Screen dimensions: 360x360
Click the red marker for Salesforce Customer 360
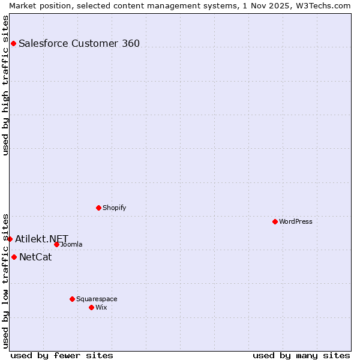[x=13, y=43]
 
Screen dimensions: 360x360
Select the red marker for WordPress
[x=275, y=221]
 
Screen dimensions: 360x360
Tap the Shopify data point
[x=98, y=208]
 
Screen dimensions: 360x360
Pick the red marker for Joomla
[x=56, y=244]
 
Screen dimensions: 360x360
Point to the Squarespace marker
[x=72, y=299]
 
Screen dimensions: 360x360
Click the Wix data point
[x=91, y=307]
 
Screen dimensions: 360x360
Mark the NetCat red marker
[x=14, y=257]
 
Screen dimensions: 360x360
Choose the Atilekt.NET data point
[x=10, y=239]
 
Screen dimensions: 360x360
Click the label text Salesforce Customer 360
[x=79, y=43]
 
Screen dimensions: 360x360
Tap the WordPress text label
[x=296, y=221]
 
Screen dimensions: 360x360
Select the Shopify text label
[x=114, y=208]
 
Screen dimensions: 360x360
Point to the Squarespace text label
[x=97, y=299]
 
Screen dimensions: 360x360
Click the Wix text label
[x=101, y=307]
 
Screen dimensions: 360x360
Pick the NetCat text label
[x=35, y=257]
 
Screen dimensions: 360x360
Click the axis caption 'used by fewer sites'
[x=62, y=355]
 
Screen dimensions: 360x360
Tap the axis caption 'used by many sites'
[x=301, y=355]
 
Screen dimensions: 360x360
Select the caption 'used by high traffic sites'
[x=5, y=85]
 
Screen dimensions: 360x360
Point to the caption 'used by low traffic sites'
[x=5, y=280]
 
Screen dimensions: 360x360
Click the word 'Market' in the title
[x=23, y=5]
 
